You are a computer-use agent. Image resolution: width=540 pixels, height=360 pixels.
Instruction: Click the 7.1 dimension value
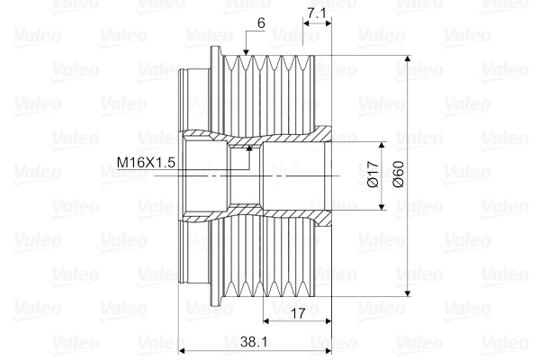point(316,13)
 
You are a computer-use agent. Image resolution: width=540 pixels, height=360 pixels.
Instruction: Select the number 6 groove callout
point(261,23)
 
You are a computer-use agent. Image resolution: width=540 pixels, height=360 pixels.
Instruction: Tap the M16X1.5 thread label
point(146,162)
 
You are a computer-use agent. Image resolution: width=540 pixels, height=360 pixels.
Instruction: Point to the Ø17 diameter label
point(373,175)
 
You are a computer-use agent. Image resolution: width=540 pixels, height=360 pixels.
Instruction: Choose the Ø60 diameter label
point(398,175)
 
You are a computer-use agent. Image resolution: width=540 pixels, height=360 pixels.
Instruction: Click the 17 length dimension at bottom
point(298,313)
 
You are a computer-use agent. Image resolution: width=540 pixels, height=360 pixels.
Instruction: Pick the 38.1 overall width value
point(254,342)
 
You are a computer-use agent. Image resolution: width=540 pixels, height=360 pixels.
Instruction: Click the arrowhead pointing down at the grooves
point(246,51)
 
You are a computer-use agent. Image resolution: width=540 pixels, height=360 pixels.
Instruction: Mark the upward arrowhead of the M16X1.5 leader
point(249,148)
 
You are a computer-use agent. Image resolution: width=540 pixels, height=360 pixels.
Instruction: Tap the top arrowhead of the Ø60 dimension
point(408,58)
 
